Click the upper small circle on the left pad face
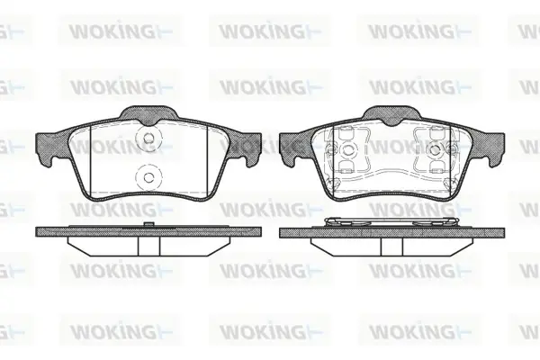click(148, 139)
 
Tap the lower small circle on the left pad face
click(148, 177)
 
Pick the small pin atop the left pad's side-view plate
click(148, 224)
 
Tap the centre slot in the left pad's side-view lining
click(148, 246)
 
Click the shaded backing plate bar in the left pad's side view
click(148, 232)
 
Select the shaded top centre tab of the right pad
click(392, 114)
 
